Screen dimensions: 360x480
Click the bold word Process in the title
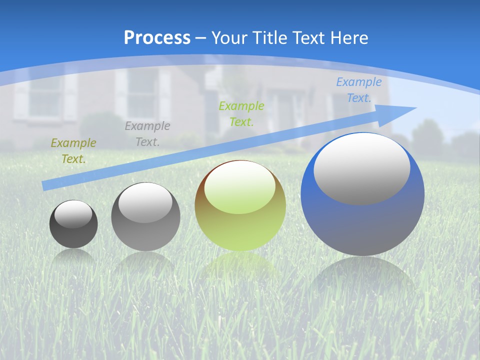coord(157,37)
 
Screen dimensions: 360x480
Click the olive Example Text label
coord(73,151)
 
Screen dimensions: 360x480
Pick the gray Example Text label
coord(147,133)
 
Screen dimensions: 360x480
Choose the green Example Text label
coord(241,113)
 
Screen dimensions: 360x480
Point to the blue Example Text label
coord(358,90)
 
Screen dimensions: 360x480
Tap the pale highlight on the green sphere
coord(239,187)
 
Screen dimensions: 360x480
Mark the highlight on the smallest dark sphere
coord(73,214)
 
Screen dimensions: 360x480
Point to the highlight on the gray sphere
coord(145,202)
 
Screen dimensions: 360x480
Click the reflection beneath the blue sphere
coord(362,275)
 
